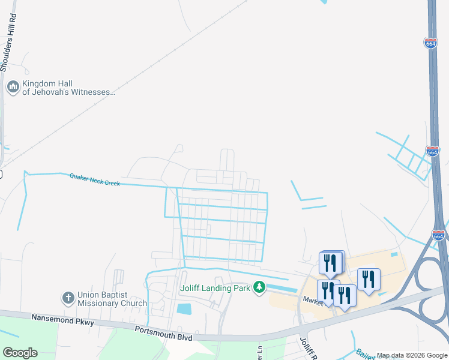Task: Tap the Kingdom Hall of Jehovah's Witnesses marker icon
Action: (x=13, y=88)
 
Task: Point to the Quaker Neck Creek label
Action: (x=94, y=179)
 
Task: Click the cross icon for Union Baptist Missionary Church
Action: (x=68, y=298)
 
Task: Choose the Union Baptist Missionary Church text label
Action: (x=112, y=299)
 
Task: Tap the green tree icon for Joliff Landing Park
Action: (x=259, y=288)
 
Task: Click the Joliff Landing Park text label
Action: (x=215, y=288)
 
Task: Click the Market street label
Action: (x=313, y=299)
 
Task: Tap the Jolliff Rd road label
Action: (x=306, y=347)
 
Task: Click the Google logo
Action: (x=20, y=353)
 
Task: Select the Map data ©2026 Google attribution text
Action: (x=412, y=356)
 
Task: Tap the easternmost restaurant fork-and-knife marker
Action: (x=369, y=279)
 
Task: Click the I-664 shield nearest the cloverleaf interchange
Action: (x=439, y=236)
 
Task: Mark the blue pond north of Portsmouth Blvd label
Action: (x=184, y=310)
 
